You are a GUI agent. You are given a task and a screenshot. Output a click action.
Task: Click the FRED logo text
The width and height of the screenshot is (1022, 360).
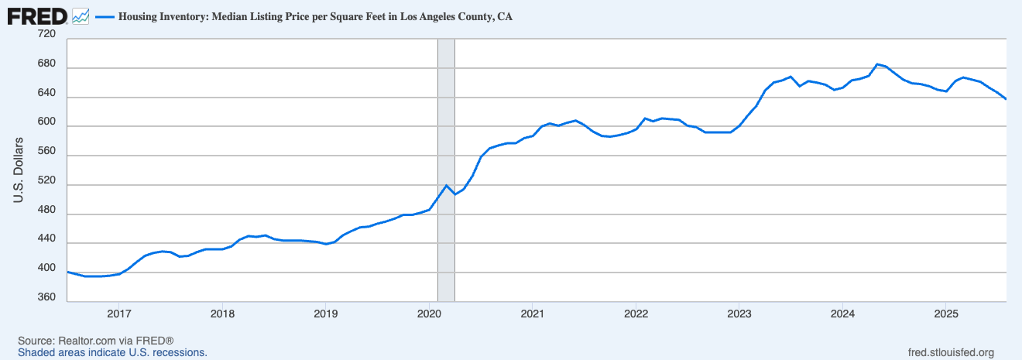pos(37,15)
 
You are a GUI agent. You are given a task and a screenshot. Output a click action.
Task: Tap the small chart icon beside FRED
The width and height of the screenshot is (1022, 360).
pos(81,15)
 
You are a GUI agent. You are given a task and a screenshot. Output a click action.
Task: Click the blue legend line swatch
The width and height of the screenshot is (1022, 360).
pos(104,15)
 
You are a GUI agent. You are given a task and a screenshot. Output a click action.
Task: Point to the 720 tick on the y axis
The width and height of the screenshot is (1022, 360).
pos(46,35)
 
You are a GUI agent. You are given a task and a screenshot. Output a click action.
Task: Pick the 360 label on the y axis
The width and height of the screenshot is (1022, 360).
pos(46,298)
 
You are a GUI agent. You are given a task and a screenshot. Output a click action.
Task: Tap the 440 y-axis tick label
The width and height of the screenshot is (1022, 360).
pos(46,240)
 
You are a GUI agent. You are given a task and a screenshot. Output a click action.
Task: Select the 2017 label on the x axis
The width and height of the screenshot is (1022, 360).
pos(118,314)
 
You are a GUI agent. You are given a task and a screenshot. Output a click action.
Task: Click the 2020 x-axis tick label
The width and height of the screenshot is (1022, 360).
pos(429,314)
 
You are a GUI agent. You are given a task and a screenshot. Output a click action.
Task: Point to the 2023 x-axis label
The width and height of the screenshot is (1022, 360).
pos(739,314)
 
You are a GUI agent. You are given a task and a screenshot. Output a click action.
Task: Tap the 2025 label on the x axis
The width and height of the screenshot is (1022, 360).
pos(946,314)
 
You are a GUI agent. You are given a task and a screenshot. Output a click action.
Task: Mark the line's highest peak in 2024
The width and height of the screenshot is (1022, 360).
pos(876,64)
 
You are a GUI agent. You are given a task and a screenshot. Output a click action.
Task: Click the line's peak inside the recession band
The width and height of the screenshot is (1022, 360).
pos(447,185)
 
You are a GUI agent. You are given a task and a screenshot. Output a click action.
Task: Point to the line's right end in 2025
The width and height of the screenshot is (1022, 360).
pos(1006,99)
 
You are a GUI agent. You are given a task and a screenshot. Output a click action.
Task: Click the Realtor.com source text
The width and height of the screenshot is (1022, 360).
pos(95,341)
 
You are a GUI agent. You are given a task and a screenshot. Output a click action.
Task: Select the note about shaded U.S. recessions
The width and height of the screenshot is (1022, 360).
pos(112,352)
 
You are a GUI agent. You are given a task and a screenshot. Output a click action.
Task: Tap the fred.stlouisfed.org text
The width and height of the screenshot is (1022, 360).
pos(950,352)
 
